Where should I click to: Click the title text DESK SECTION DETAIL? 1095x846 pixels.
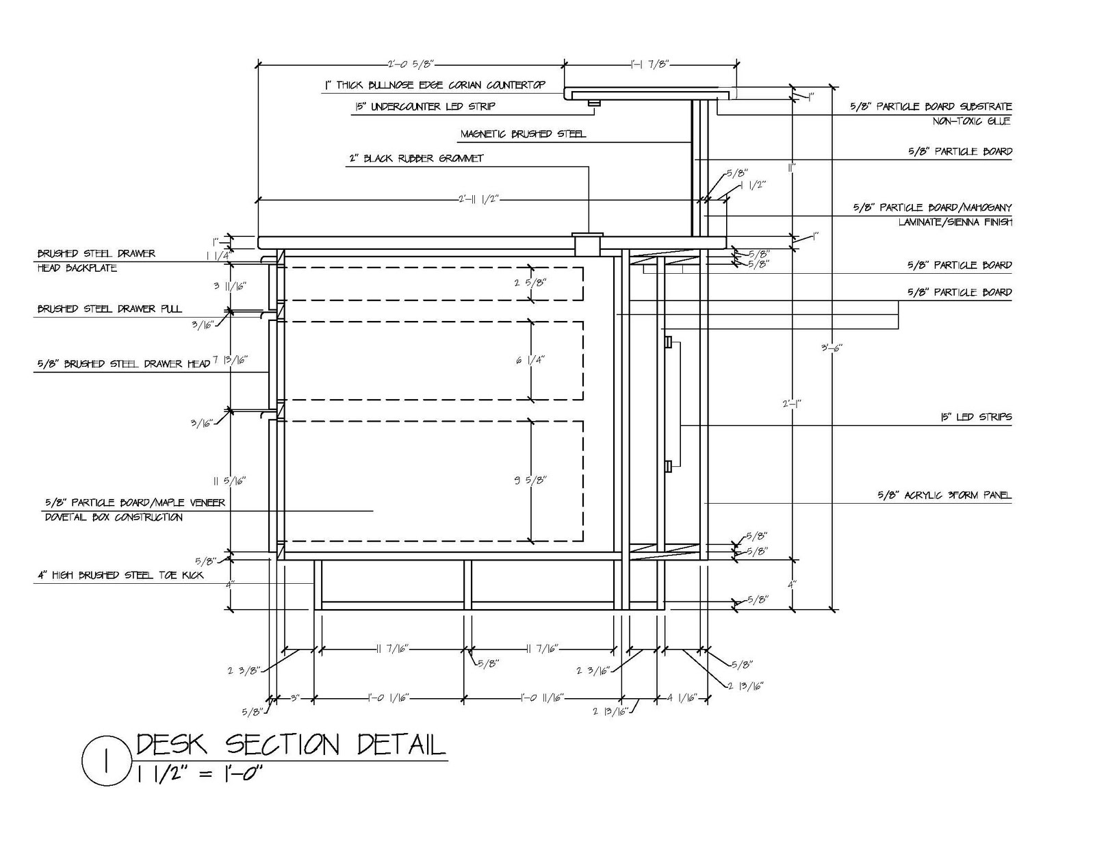point(291,745)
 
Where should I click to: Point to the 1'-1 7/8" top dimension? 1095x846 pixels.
point(649,64)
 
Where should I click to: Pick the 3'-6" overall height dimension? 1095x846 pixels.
point(832,347)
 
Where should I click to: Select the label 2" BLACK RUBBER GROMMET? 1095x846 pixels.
point(415,158)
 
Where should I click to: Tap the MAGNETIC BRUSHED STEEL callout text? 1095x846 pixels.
point(523,134)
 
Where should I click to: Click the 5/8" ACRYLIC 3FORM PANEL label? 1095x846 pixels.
point(944,495)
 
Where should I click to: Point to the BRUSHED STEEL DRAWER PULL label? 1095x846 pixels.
point(109,309)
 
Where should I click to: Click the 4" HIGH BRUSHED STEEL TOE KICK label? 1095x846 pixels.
point(120,575)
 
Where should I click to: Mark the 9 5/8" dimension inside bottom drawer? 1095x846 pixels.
point(530,480)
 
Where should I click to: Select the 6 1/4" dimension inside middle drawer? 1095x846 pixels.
point(530,360)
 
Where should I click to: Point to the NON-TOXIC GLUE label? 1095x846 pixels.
point(972,121)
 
